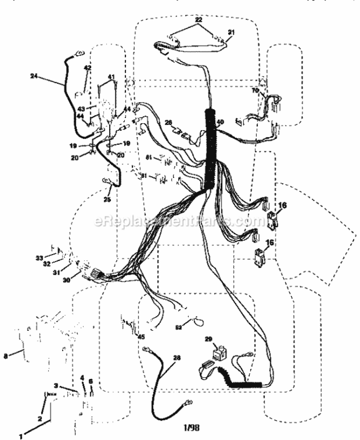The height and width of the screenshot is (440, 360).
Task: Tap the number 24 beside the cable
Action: [33, 75]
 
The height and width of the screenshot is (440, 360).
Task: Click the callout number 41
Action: [111, 77]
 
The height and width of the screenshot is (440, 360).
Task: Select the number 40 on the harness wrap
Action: [220, 123]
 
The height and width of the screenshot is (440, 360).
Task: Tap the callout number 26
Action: [168, 123]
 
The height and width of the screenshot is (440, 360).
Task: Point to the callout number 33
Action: [39, 258]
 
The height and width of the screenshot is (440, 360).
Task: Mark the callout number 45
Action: [141, 336]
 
